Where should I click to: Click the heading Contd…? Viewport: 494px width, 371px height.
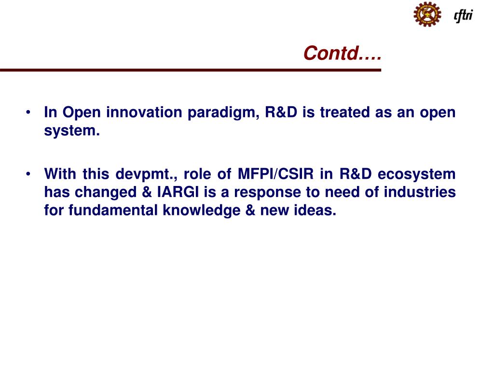click(342, 53)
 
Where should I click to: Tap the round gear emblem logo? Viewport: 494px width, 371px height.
click(427, 14)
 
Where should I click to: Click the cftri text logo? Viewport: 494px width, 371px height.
click(463, 15)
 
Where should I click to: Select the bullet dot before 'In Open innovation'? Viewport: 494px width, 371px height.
click(29, 113)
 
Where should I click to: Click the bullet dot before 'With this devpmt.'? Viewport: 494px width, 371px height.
click(29, 174)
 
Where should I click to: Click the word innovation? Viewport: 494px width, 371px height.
click(144, 113)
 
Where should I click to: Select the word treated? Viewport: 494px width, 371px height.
click(346, 113)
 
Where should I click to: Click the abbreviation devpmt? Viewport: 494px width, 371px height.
click(146, 174)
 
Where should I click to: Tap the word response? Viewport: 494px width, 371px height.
click(268, 193)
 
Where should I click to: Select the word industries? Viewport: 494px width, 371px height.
click(420, 192)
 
